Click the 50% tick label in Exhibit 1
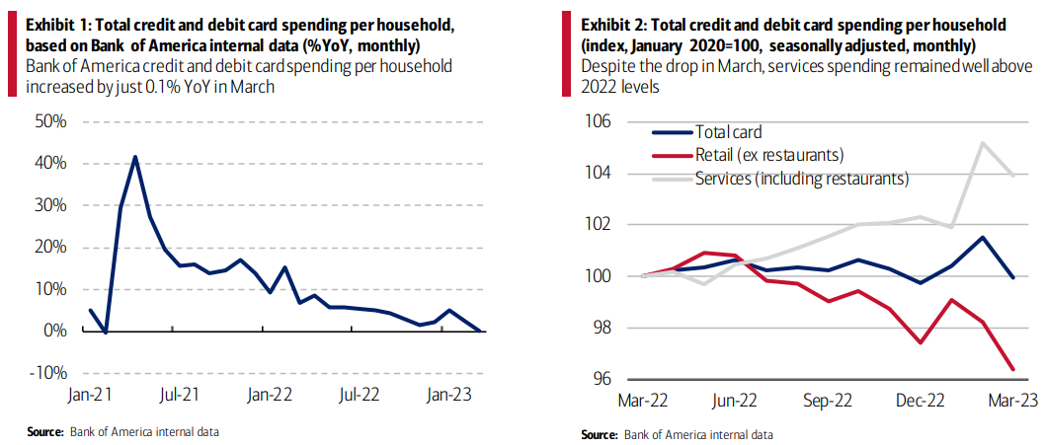click(49, 122)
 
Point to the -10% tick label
click(48, 373)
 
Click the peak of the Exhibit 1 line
click(135, 156)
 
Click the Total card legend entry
click(728, 132)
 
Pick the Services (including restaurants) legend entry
click(801, 179)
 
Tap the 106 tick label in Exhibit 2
click(599, 122)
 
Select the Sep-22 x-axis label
click(828, 402)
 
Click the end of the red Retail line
click(1011, 370)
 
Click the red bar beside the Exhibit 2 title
click(567, 54)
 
